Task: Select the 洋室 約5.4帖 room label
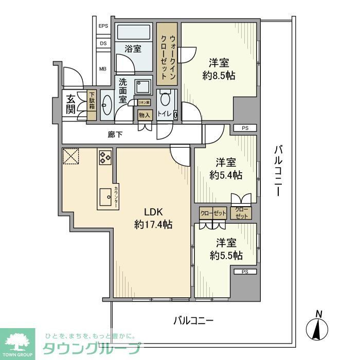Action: [x=227, y=169]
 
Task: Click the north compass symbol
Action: [x=319, y=327]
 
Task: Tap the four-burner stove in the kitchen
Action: [x=104, y=157]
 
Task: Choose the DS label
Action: [x=103, y=44]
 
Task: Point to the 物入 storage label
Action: [x=145, y=115]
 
